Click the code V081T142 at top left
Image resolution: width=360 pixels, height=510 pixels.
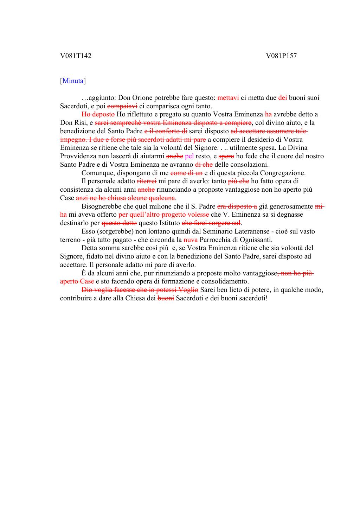tap(76, 56)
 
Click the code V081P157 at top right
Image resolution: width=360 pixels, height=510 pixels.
tap(281, 56)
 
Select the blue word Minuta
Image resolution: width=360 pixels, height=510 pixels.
tap(73, 81)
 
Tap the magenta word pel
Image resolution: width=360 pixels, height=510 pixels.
tap(189, 156)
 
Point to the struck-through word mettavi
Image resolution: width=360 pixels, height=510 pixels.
tap(229, 98)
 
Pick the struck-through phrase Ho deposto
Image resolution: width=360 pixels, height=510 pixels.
tap(98, 114)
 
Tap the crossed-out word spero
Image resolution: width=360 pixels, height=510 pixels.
tap(226, 156)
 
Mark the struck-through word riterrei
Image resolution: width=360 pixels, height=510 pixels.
tap(147, 181)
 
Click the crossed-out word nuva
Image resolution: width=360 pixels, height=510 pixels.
tap(191, 240)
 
